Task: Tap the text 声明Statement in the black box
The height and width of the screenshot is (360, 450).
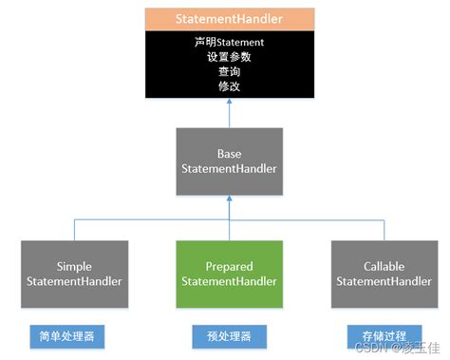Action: (228, 42)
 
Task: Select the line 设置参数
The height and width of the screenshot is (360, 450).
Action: (228, 56)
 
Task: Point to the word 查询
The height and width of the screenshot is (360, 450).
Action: (228, 70)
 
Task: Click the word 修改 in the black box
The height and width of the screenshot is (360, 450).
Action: (228, 85)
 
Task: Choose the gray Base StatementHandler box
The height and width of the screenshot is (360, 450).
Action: (228, 161)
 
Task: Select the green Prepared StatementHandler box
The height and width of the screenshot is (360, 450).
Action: (228, 274)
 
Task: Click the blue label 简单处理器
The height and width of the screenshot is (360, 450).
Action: (60, 335)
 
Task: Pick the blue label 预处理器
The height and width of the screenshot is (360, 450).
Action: (229, 335)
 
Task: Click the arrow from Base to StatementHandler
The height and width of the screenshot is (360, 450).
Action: (228, 114)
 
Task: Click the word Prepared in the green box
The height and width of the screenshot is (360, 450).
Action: (228, 267)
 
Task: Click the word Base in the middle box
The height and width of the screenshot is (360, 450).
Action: (228, 152)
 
